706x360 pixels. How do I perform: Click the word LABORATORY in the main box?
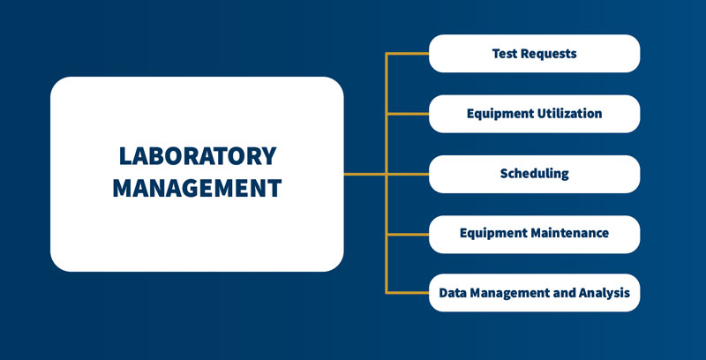pyautogui.click(x=197, y=156)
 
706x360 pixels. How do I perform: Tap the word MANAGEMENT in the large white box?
pyautogui.click(x=197, y=188)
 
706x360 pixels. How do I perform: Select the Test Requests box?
pyautogui.click(x=534, y=54)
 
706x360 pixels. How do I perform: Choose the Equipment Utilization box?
pyautogui.click(x=534, y=114)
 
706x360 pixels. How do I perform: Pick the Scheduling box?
pyautogui.click(x=534, y=174)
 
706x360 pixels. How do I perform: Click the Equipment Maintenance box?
pyautogui.click(x=534, y=234)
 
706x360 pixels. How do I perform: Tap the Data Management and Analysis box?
pyautogui.click(x=534, y=293)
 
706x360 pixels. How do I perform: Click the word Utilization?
pyautogui.click(x=570, y=114)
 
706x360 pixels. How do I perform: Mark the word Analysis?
pyautogui.click(x=605, y=293)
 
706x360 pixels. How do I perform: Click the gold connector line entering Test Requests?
pyautogui.click(x=408, y=54)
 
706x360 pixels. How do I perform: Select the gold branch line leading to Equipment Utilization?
pyautogui.click(x=408, y=114)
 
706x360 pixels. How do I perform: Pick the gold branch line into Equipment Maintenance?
pyautogui.click(x=408, y=234)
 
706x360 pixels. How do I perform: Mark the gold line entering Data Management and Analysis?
pyautogui.click(x=408, y=293)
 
